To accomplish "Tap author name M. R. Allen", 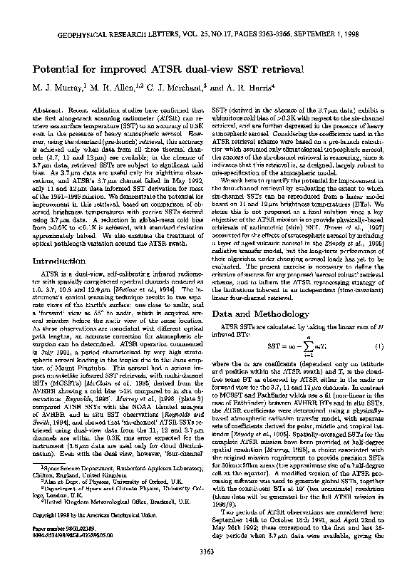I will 110,90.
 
